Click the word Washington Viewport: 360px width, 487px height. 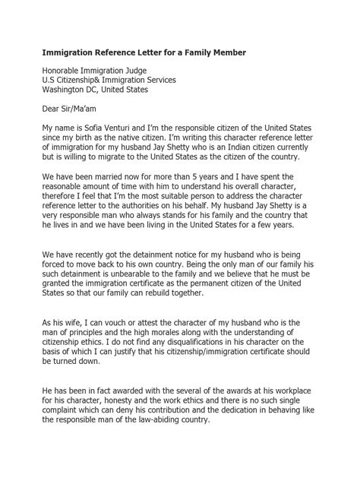point(67,90)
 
